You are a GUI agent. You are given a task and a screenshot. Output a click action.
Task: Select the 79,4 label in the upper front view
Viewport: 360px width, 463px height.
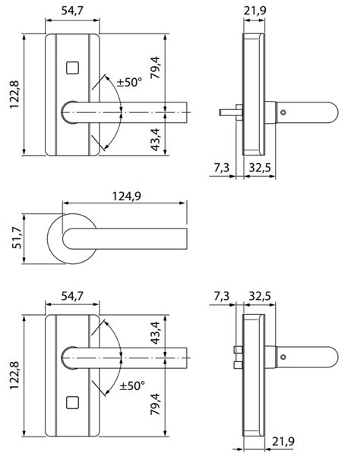(x=156, y=68)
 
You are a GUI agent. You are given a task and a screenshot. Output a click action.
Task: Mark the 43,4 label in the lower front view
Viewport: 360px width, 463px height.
(x=156, y=335)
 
